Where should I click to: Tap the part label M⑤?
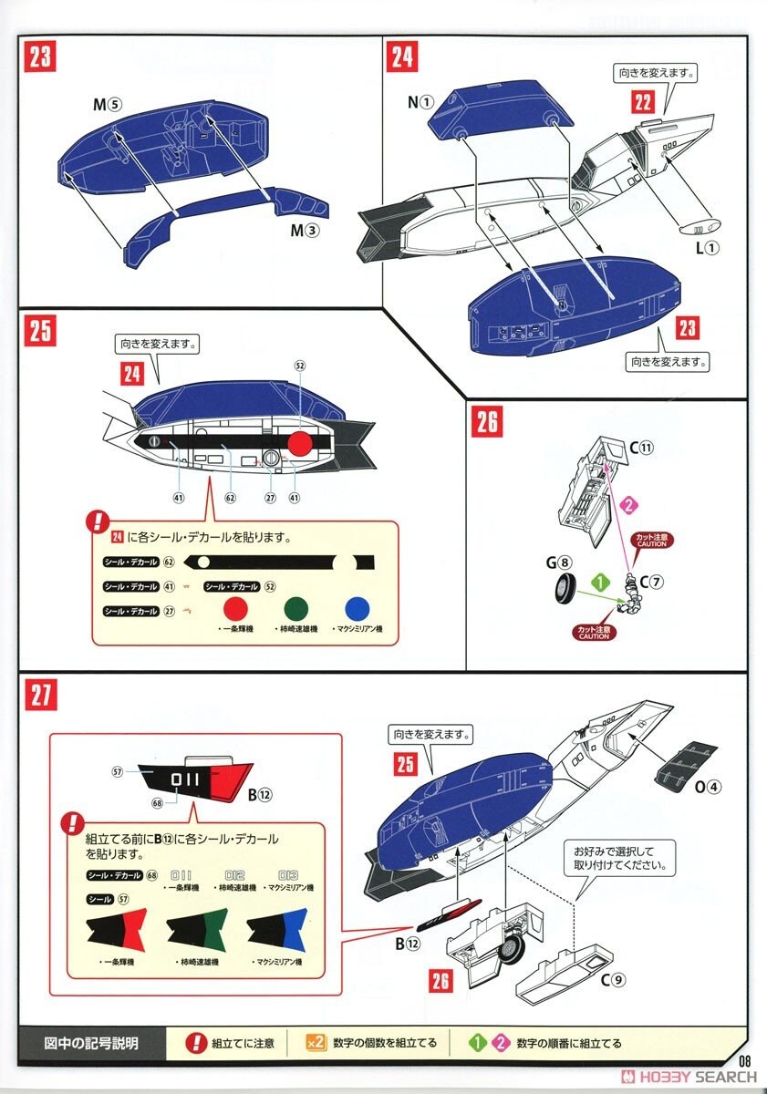(x=106, y=104)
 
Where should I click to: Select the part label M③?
(x=304, y=231)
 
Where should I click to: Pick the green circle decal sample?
(x=297, y=608)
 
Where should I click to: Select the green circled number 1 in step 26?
(x=599, y=580)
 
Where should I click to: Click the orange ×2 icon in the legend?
(x=315, y=1043)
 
